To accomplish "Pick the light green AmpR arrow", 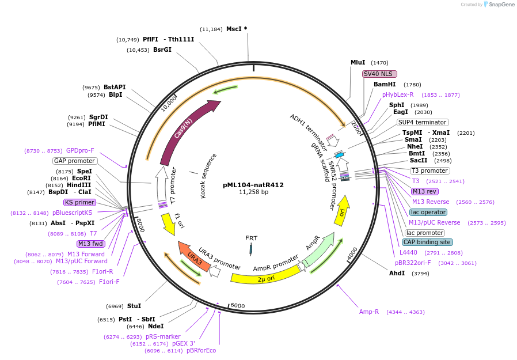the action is (x=318, y=247).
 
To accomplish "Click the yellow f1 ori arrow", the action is (x=169, y=223).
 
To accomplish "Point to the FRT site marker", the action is (x=251, y=249).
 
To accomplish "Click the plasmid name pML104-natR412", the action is (x=253, y=185).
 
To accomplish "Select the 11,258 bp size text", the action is (x=253, y=192).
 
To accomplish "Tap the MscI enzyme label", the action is (x=234, y=29).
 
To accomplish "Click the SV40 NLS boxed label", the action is (x=379, y=74).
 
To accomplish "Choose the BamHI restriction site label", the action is (x=385, y=84).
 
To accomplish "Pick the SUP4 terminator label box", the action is (x=423, y=123).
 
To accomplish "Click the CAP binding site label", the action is (x=427, y=242).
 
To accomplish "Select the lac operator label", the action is (x=428, y=212).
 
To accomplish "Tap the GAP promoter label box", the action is (x=74, y=161).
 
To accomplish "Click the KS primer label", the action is (x=79, y=202).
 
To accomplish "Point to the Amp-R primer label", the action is (x=369, y=312).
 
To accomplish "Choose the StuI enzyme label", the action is (x=134, y=306).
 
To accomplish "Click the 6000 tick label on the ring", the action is (x=237, y=305).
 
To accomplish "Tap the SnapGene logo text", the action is (x=501, y=4).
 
